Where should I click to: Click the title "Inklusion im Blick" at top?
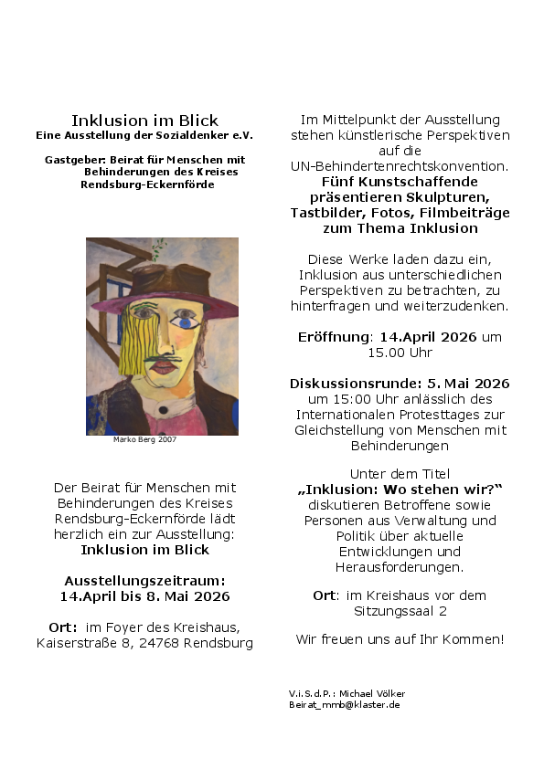click(x=144, y=121)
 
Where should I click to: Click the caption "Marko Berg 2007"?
click(x=144, y=439)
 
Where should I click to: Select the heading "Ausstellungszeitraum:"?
click(x=144, y=580)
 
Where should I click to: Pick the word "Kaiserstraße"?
click(x=75, y=643)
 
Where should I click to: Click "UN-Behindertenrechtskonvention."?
click(x=400, y=166)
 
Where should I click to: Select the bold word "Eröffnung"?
click(x=332, y=336)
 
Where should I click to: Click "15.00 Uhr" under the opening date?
click(x=400, y=352)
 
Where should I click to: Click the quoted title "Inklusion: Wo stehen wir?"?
click(x=400, y=489)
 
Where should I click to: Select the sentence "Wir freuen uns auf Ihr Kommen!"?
click(x=400, y=638)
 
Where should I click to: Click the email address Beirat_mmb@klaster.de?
click(x=344, y=704)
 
